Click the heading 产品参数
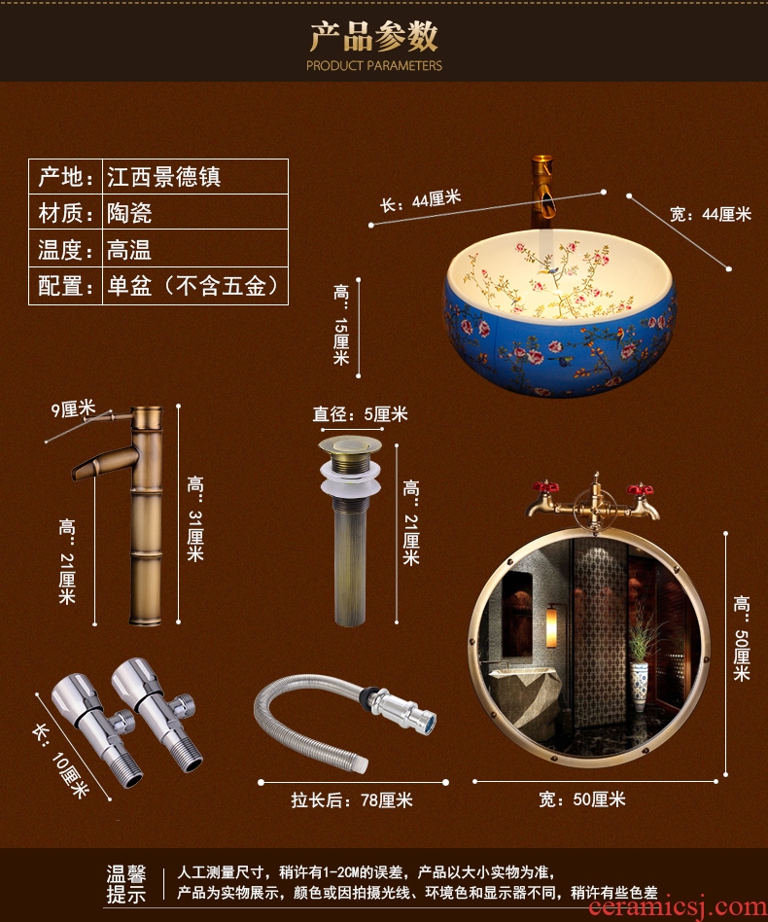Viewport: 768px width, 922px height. pos(373,36)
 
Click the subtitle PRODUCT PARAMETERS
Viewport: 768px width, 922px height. pos(373,66)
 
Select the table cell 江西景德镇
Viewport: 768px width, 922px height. pos(164,177)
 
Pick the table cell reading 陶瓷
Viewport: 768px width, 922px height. pos(129,213)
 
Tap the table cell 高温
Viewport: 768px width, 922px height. pos(129,250)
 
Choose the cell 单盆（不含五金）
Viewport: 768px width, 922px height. pos(192,286)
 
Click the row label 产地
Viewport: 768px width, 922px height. pos(66,177)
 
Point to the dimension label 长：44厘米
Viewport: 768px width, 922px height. pos(420,200)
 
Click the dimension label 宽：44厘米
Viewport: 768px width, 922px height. pos(711,214)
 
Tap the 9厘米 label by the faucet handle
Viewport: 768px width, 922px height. pos(73,408)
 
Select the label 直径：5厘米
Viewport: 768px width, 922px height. pos(360,414)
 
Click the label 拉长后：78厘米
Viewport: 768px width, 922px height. pos(352,800)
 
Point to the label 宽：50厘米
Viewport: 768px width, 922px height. pos(582,799)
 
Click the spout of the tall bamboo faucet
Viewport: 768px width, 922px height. pos(103,462)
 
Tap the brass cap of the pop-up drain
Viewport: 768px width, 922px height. pos(350,446)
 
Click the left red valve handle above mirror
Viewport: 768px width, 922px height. pos(544,487)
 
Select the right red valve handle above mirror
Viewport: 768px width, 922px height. pos(640,489)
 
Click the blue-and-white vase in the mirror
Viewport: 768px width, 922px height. pos(639,684)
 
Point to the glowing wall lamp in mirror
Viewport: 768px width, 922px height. pos(551,628)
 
